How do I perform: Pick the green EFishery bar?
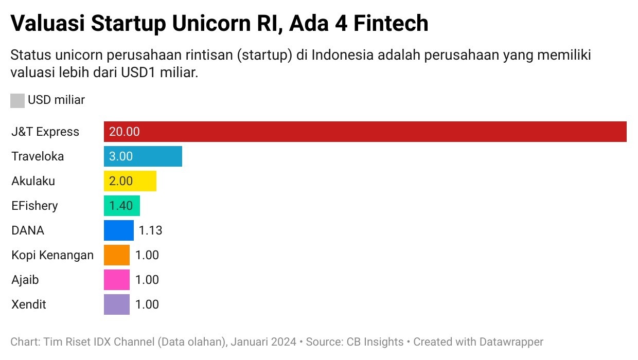coord(121,206)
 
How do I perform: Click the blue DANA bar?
coord(119,230)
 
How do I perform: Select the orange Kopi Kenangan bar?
coord(117,255)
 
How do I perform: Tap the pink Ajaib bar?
coord(117,280)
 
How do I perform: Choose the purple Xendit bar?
coord(117,304)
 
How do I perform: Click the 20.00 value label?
coord(125,132)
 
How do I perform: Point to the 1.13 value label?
coord(151,230)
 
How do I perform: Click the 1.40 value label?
coord(121,206)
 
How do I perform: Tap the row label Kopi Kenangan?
coord(52,255)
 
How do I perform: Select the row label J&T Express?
coord(45,132)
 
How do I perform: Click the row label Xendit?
coord(29,304)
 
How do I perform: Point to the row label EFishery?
coord(34,206)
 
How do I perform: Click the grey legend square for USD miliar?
coord(17,100)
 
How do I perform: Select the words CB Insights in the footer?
coord(375,341)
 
